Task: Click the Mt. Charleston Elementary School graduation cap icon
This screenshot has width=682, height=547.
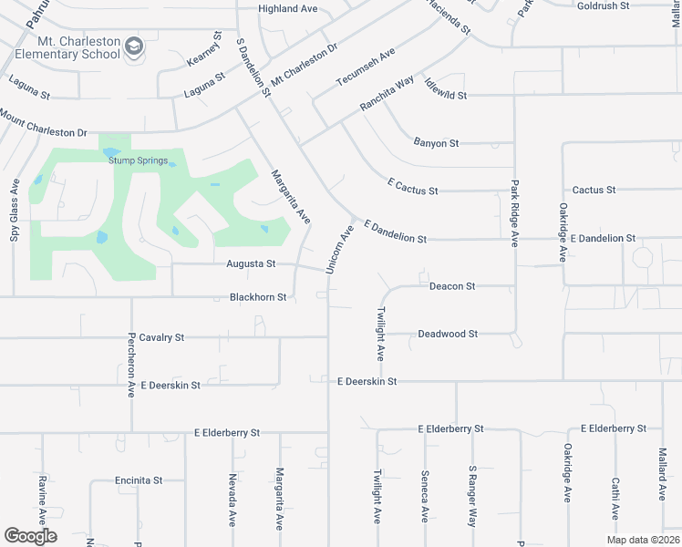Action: [x=134, y=46]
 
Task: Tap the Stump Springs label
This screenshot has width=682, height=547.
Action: [x=139, y=161]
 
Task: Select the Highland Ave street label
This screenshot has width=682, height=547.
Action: [x=287, y=9]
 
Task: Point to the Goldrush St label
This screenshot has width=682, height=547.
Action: [x=604, y=6]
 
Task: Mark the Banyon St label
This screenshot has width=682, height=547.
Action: [x=436, y=143]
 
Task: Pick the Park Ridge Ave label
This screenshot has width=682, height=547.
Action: [x=514, y=214]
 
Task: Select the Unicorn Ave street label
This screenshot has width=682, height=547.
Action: [x=339, y=246]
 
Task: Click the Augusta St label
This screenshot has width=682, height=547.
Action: [x=251, y=264]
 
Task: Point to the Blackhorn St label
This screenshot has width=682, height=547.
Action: [x=258, y=297]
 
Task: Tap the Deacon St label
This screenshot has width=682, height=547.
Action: [x=452, y=286]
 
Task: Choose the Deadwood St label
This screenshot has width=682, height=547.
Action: [x=448, y=334]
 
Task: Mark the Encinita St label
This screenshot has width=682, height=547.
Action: [x=139, y=480]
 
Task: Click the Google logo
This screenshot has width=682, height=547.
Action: [x=31, y=537]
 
